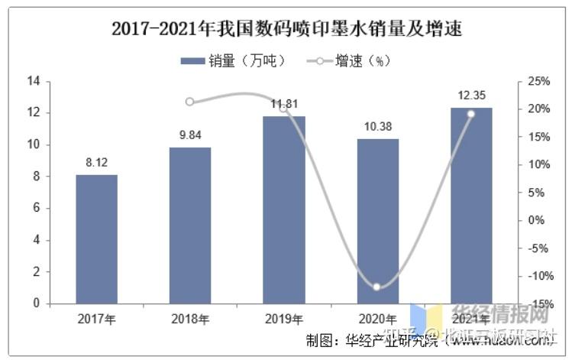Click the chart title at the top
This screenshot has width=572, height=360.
pos(286,30)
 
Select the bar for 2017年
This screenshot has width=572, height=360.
pos(97,239)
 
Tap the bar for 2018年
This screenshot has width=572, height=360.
pos(190,225)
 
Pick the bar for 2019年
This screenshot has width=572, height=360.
pos(284,210)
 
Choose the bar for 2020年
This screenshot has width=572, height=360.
pos(378,222)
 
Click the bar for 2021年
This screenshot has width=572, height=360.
pos(471,206)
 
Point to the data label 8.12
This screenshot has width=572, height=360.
pos(97,162)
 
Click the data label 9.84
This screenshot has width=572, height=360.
pos(190,135)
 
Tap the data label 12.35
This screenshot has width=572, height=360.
pos(471,96)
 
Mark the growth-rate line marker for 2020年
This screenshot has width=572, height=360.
pos(376,287)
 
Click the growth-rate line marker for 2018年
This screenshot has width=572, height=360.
pos(190,102)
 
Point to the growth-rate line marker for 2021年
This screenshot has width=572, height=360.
pos(470,114)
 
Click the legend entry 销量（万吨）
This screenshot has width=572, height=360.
pos(233,61)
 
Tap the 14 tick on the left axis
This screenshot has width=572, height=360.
pos(34,81)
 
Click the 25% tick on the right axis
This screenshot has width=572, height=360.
pos(538,81)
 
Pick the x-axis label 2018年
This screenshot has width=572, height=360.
pos(190,319)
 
